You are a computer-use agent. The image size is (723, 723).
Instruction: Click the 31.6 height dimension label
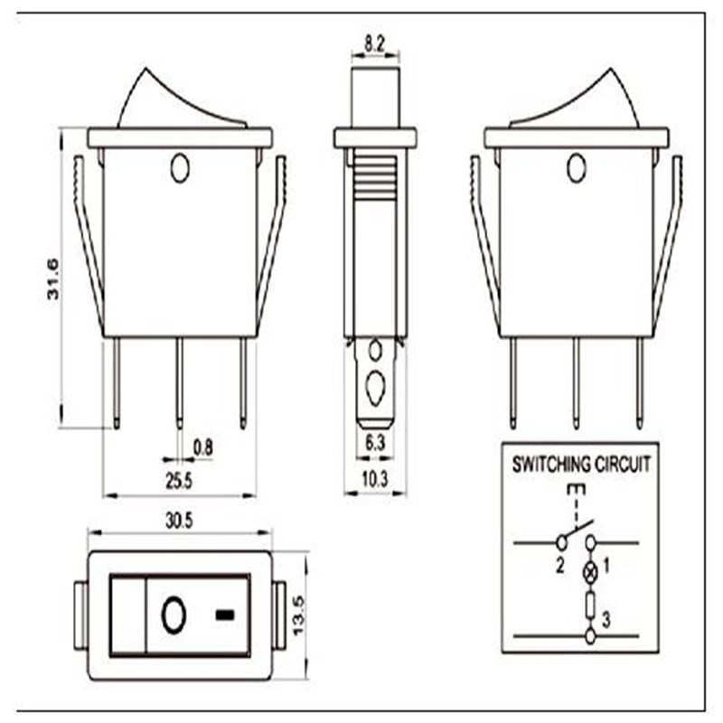[x=53, y=279]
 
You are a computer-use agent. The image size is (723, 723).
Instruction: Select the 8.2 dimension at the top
[x=374, y=44]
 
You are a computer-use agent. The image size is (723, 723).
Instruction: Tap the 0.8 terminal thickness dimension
[x=202, y=447]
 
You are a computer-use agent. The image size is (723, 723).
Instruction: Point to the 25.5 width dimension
[x=179, y=481]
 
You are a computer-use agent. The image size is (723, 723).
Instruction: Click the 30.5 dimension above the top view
[x=179, y=521]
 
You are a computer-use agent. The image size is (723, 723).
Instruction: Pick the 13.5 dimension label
[x=298, y=615]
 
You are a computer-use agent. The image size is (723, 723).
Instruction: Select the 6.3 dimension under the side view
[x=375, y=443]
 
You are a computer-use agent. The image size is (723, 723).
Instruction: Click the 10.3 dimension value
[x=375, y=480]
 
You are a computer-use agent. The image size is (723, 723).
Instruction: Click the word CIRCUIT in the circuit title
[x=623, y=465]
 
